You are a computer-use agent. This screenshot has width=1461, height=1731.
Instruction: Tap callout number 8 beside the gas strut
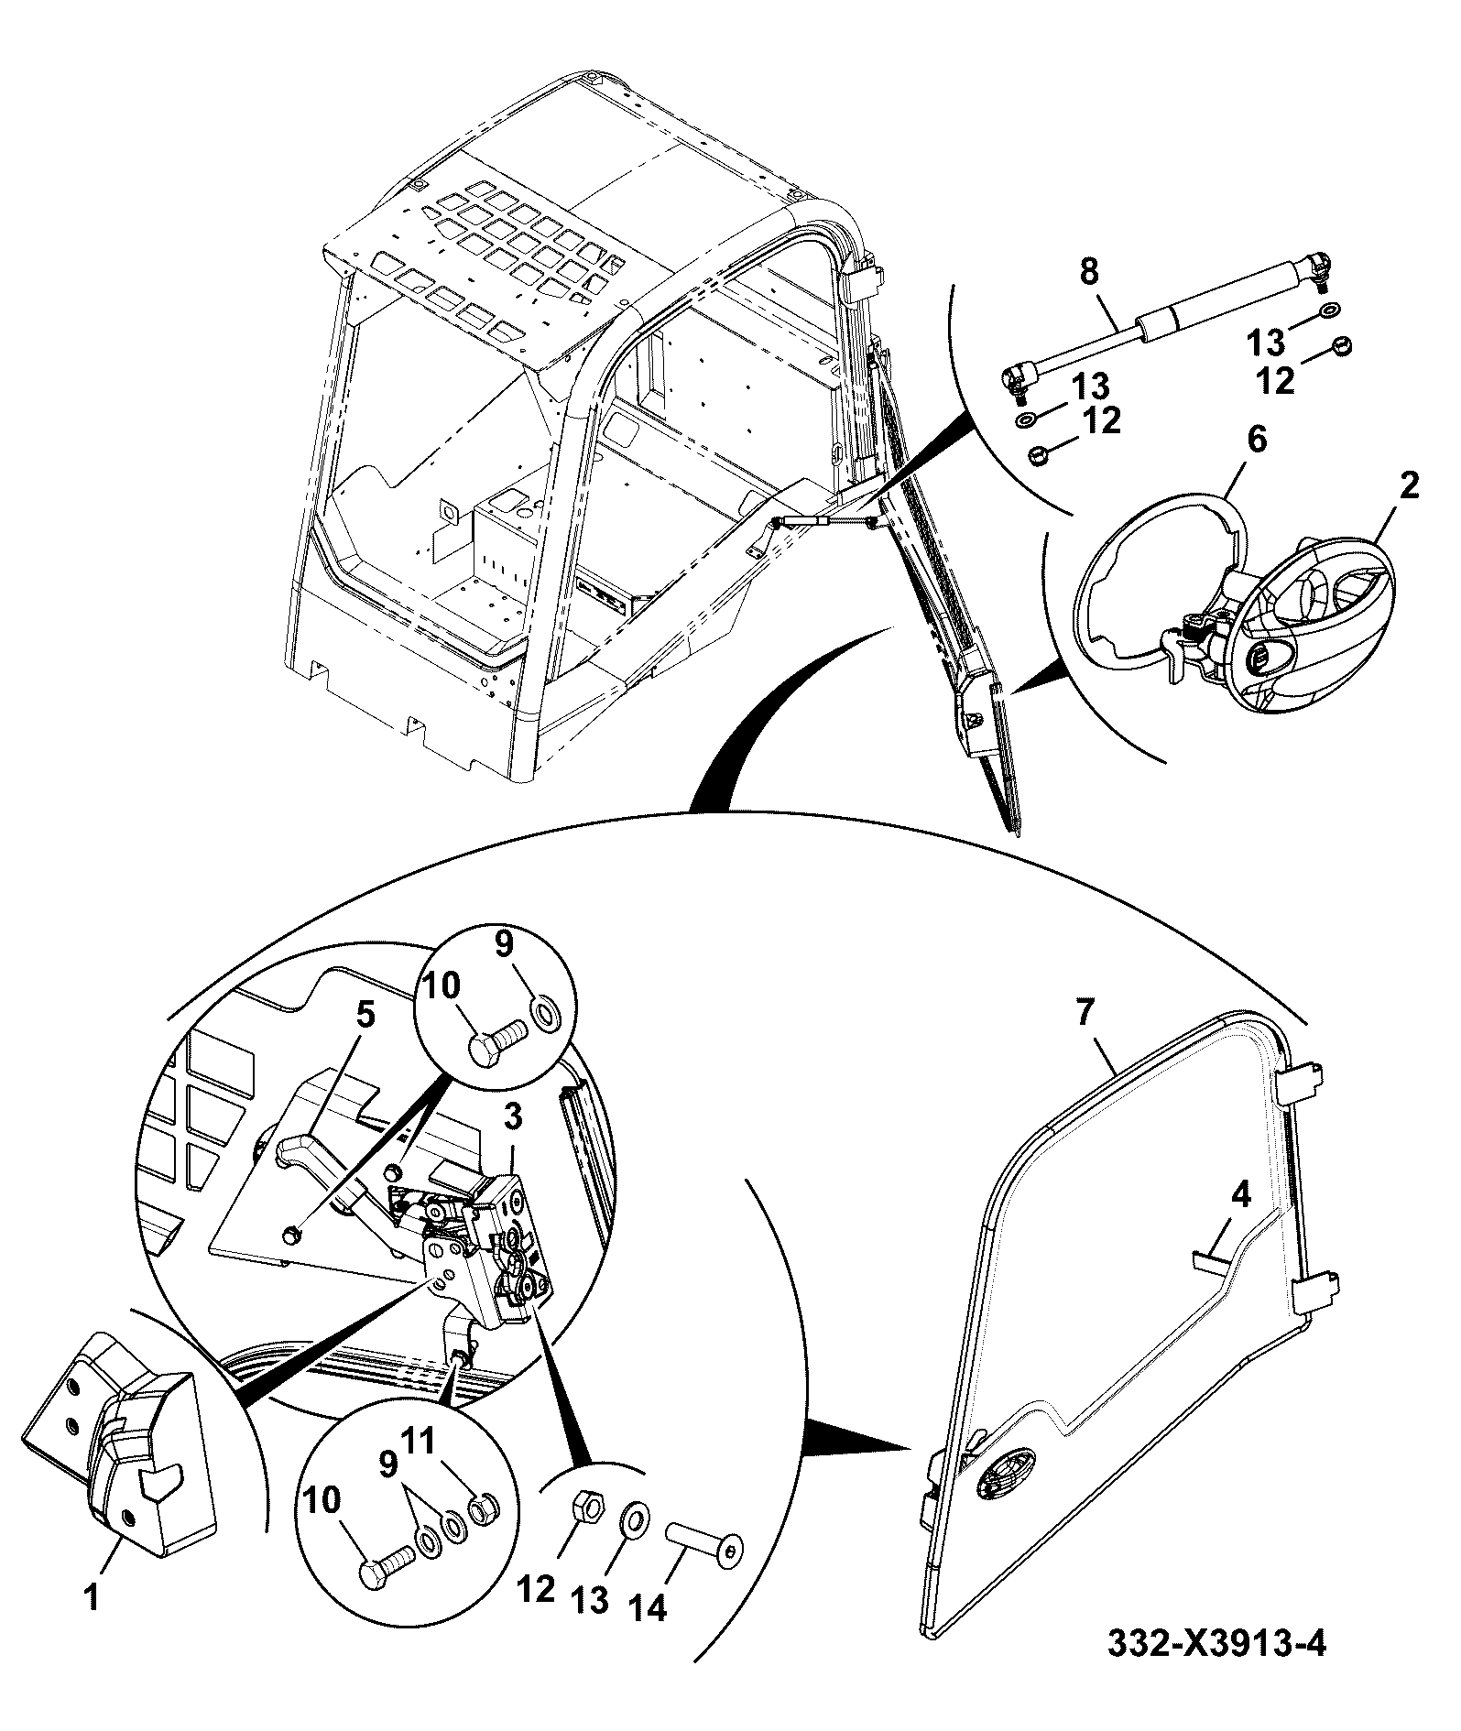[x=1089, y=271]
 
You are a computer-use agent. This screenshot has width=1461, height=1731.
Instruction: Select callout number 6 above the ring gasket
[x=1257, y=441]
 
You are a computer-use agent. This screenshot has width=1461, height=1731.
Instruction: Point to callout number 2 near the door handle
[x=1409, y=485]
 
